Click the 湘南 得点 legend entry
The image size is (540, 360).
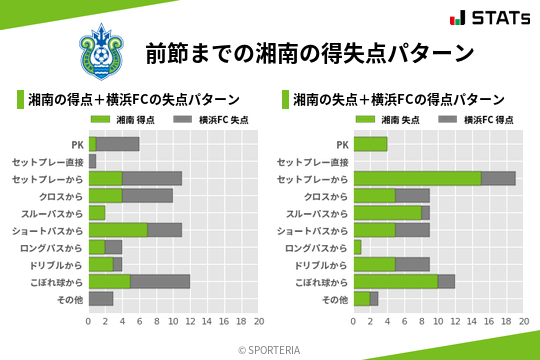click(x=138, y=120)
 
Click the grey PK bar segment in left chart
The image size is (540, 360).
click(x=118, y=144)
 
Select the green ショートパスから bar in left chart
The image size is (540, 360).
click(x=118, y=230)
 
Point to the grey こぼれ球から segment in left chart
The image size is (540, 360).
click(x=160, y=281)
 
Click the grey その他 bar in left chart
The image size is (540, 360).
click(x=101, y=298)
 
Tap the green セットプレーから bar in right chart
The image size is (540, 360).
click(x=417, y=178)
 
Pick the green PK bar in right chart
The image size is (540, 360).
click(x=370, y=144)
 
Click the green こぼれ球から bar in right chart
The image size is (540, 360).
click(x=396, y=281)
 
